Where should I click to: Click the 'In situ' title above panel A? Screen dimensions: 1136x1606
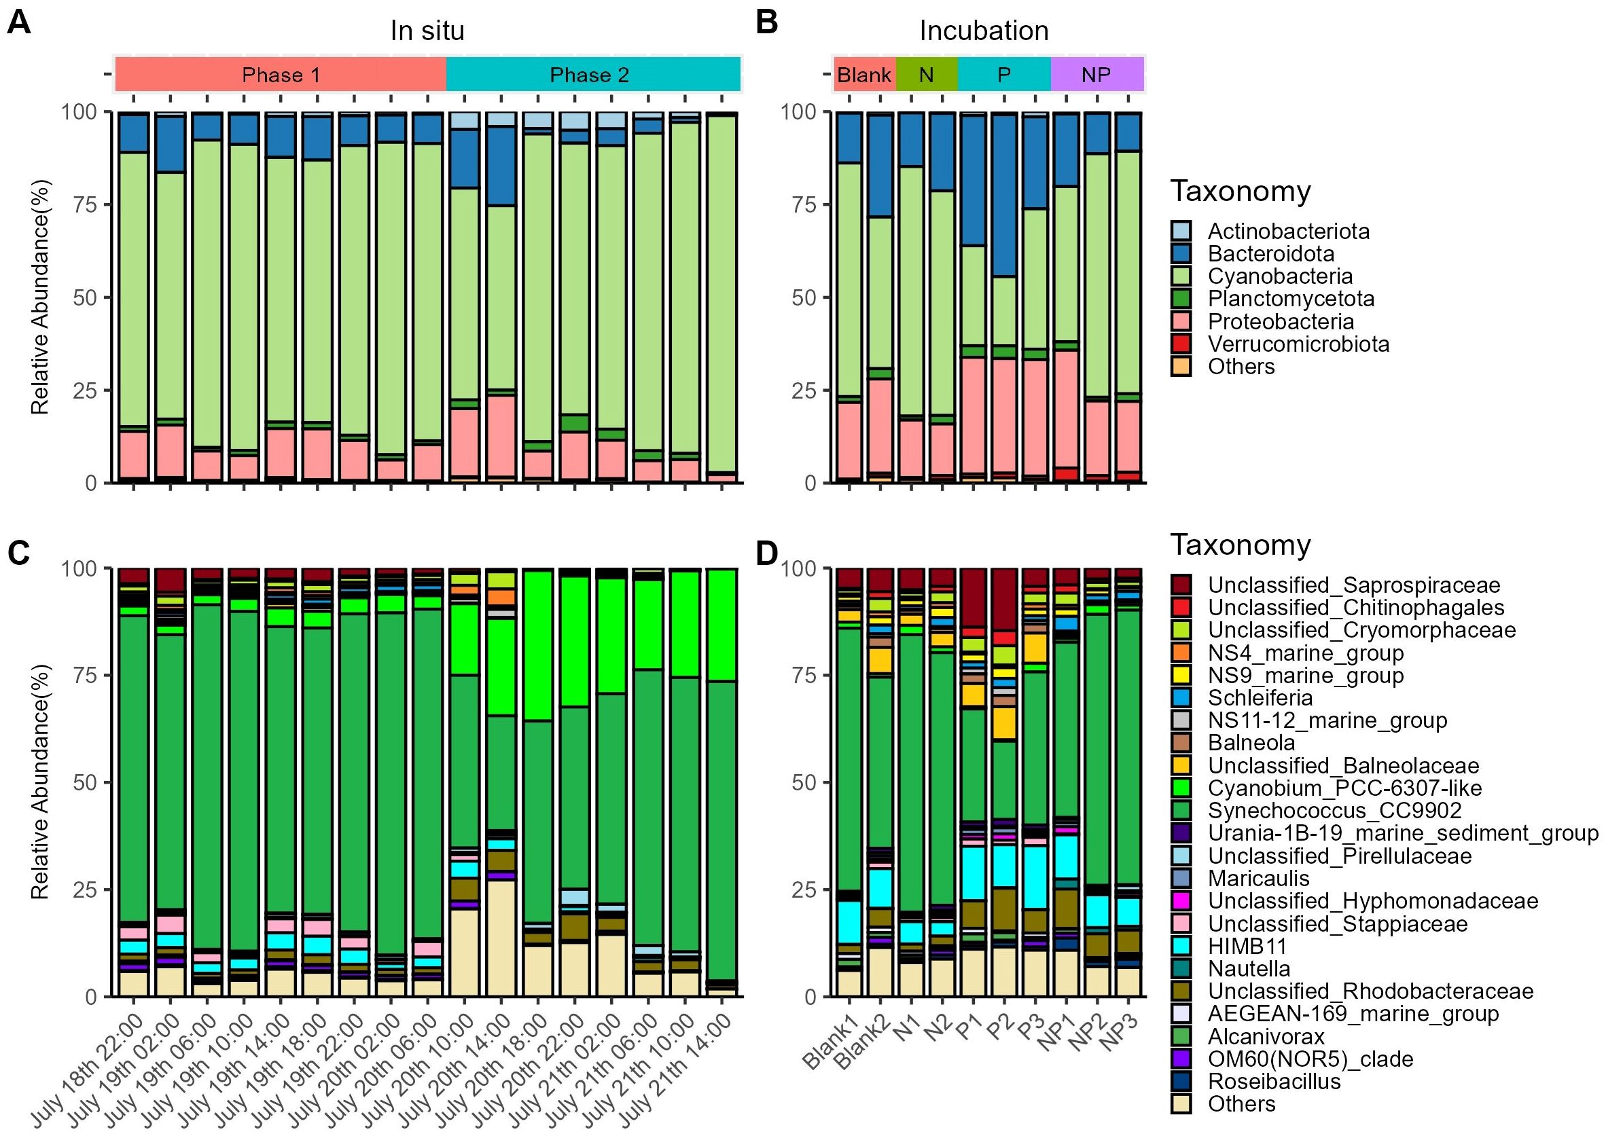click(427, 31)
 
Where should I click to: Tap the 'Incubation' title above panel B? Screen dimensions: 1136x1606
click(983, 31)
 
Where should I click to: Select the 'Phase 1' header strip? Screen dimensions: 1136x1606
click(281, 75)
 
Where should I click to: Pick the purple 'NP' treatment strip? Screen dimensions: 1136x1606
click(1096, 75)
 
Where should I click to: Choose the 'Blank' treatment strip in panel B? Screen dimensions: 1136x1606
click(864, 75)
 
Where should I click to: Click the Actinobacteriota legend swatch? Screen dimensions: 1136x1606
click(1181, 231)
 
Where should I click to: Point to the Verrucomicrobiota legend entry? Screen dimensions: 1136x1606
click(1298, 344)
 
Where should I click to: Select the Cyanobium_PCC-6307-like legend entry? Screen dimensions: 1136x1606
click(1344, 788)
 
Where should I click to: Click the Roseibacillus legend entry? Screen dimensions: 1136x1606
click(1274, 1082)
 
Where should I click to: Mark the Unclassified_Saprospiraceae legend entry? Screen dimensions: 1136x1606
click(1353, 585)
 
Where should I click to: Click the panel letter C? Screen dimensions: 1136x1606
click(19, 553)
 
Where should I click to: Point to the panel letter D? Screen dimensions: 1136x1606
click(768, 553)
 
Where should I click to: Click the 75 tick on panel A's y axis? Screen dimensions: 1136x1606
click(85, 205)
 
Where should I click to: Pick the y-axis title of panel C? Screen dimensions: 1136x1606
click(40, 782)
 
